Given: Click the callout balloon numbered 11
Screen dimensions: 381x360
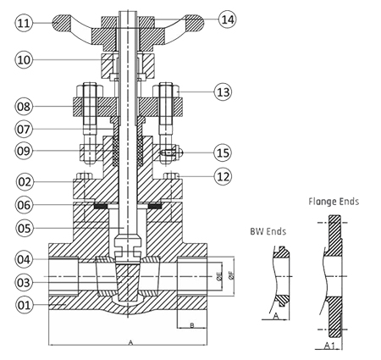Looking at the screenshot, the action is coord(24,23).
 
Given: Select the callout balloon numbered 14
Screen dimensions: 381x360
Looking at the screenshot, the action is coord(228,19).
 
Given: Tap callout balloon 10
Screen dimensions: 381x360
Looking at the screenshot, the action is coord(24,60).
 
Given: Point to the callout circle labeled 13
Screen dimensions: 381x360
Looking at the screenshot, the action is coord(223,92).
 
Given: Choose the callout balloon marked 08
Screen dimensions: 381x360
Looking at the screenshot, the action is coord(24,107).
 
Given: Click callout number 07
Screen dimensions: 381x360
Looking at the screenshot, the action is coord(24,130).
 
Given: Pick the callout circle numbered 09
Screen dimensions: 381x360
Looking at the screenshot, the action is coord(24,151).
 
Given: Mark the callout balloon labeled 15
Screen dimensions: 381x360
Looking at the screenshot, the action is coord(223,152).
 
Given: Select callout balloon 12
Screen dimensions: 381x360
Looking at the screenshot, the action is coord(223,176).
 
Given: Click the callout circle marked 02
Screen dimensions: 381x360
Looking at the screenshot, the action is coord(24,181).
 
